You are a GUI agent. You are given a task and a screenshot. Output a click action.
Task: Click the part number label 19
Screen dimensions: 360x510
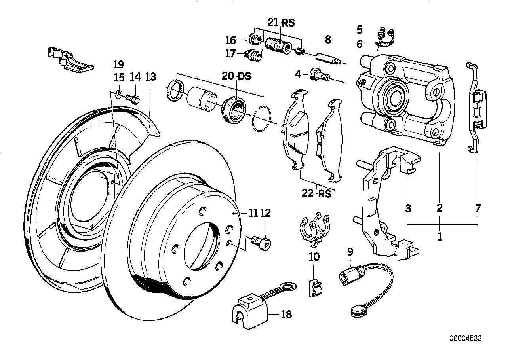click(118, 64)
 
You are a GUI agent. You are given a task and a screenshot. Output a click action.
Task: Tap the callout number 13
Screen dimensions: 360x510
click(150, 77)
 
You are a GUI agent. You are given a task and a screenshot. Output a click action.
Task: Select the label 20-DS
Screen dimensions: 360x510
click(236, 77)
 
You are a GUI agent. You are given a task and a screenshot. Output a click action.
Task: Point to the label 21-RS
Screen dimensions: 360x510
click(281, 23)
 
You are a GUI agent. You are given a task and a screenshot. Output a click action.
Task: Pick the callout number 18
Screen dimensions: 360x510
click(286, 315)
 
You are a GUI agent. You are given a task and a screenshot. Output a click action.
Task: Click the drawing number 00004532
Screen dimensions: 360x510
click(465, 338)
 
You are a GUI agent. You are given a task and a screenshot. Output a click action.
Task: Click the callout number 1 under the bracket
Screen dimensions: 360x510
click(440, 238)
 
